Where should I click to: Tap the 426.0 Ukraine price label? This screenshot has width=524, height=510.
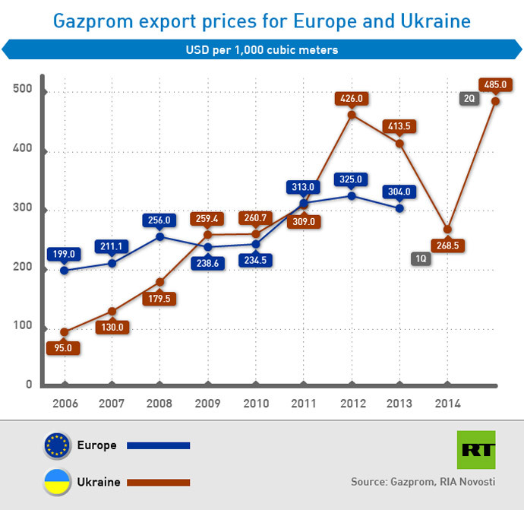352,98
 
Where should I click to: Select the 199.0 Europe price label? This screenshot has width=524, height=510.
64,254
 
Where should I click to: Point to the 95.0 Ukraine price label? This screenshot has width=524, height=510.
64,347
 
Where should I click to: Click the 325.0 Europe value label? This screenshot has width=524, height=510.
352,179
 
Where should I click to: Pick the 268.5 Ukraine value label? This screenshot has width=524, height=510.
447,245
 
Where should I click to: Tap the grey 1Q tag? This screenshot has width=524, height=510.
421,258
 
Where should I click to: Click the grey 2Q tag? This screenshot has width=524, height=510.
469,98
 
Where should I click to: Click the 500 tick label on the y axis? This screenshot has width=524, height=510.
23,90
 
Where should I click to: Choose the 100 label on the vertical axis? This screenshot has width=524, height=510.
23,326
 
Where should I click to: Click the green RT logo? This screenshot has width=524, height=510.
475,449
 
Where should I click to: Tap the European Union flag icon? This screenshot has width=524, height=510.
58,445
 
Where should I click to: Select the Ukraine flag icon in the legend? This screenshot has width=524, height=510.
58,481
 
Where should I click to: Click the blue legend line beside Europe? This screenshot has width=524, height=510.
158,446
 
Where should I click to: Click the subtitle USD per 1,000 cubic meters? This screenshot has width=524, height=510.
262,50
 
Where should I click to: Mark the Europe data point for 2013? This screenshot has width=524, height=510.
399,208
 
